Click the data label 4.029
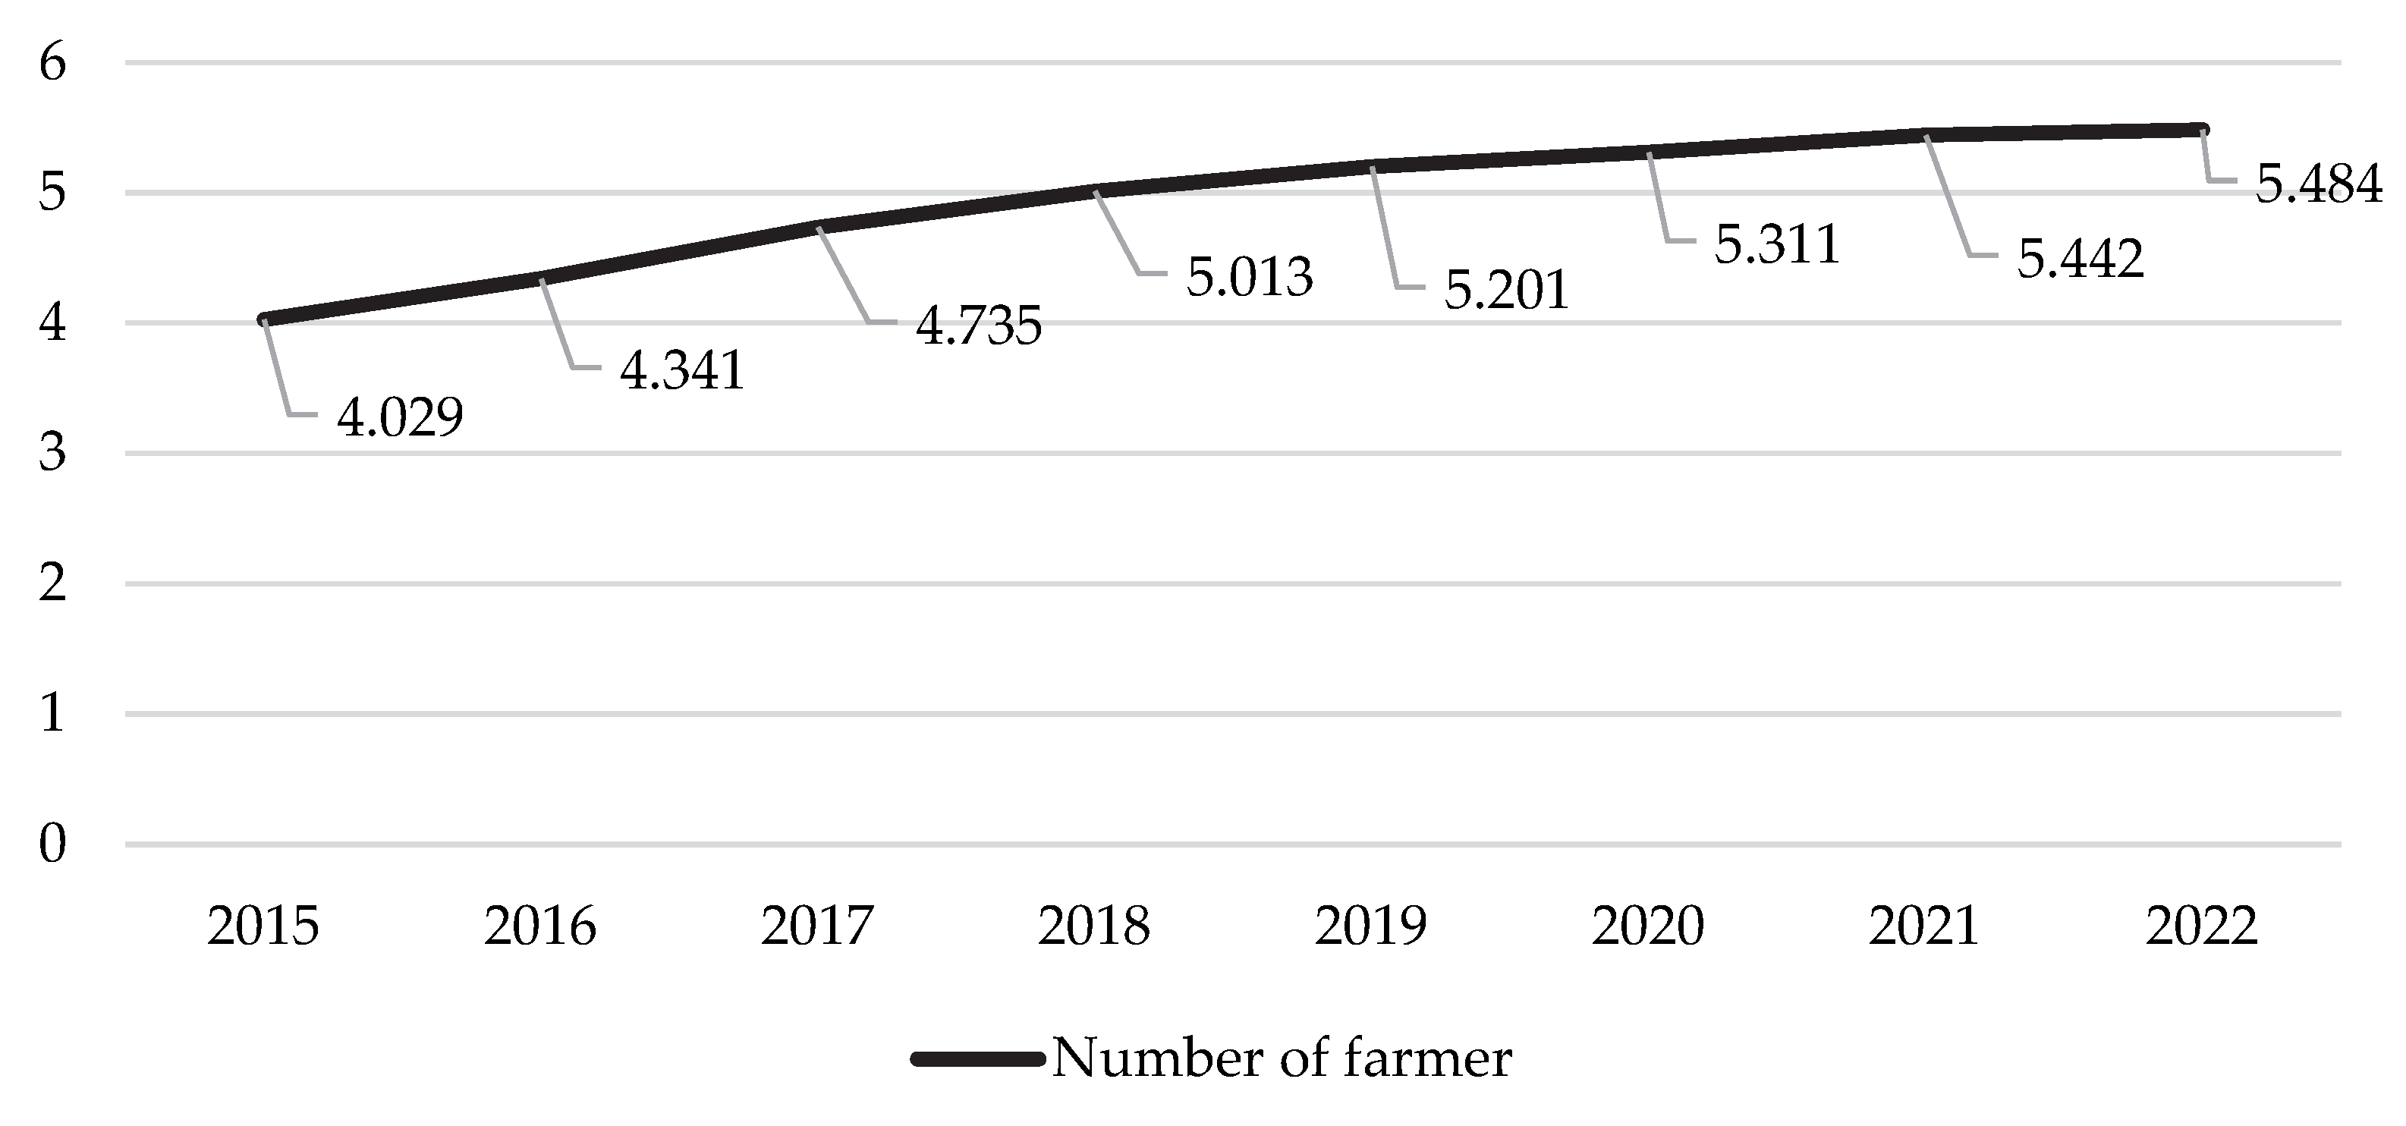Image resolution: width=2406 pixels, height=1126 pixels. (x=400, y=417)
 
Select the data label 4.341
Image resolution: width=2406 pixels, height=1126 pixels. (x=682, y=371)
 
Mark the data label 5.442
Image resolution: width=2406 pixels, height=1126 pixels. (x=2080, y=259)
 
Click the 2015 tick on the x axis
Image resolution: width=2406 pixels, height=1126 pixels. (x=263, y=926)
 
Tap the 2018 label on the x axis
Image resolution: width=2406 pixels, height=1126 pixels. (x=1093, y=926)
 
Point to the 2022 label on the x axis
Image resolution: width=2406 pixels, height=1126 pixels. (x=2201, y=926)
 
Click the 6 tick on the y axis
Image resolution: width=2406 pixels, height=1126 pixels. (x=52, y=64)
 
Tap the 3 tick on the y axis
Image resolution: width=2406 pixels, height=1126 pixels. (x=52, y=454)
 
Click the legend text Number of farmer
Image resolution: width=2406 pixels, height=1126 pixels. (x=1282, y=1058)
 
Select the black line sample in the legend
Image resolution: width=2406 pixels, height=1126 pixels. (x=978, y=1058)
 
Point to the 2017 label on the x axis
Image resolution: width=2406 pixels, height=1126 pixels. (x=817, y=926)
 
